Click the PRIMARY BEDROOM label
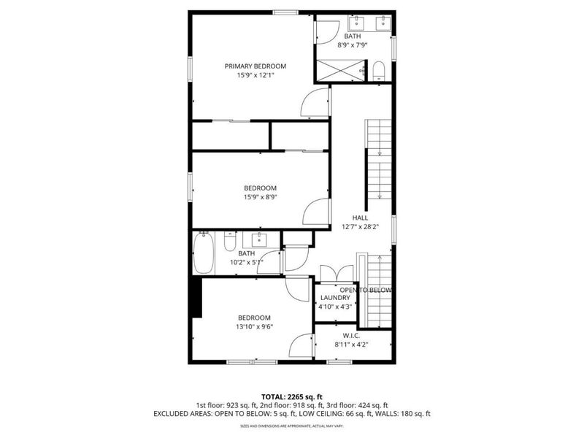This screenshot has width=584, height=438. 255,66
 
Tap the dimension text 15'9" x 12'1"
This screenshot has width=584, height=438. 255,76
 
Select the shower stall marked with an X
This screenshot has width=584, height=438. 339,71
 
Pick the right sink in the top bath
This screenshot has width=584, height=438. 381,24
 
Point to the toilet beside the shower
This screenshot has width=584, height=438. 378,72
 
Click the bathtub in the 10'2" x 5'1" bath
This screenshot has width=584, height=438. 203,253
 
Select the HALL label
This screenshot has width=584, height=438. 360,218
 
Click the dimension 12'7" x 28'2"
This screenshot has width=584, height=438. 360,227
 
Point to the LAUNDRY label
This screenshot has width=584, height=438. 335,298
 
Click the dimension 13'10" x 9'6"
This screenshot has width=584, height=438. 254,327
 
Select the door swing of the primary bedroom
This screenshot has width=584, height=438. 315,104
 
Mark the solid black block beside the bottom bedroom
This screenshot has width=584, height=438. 195,299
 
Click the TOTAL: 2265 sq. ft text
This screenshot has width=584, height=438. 291,396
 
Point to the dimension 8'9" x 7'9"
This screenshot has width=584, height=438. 353,45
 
